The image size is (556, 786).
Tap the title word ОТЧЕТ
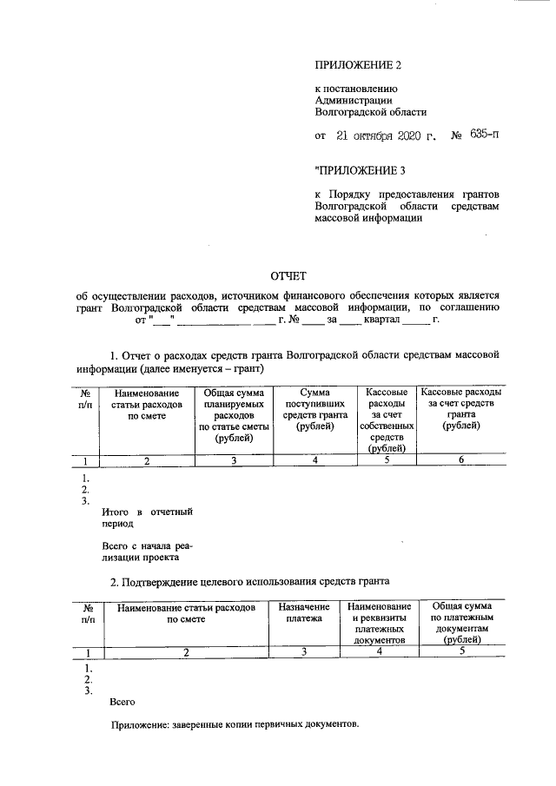point(285,276)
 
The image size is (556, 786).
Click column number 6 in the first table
point(461,461)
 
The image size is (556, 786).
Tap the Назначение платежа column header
point(304,611)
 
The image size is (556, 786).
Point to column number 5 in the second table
point(461,651)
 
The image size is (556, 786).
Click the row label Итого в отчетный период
point(146,518)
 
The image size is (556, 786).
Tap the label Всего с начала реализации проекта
point(146,552)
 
